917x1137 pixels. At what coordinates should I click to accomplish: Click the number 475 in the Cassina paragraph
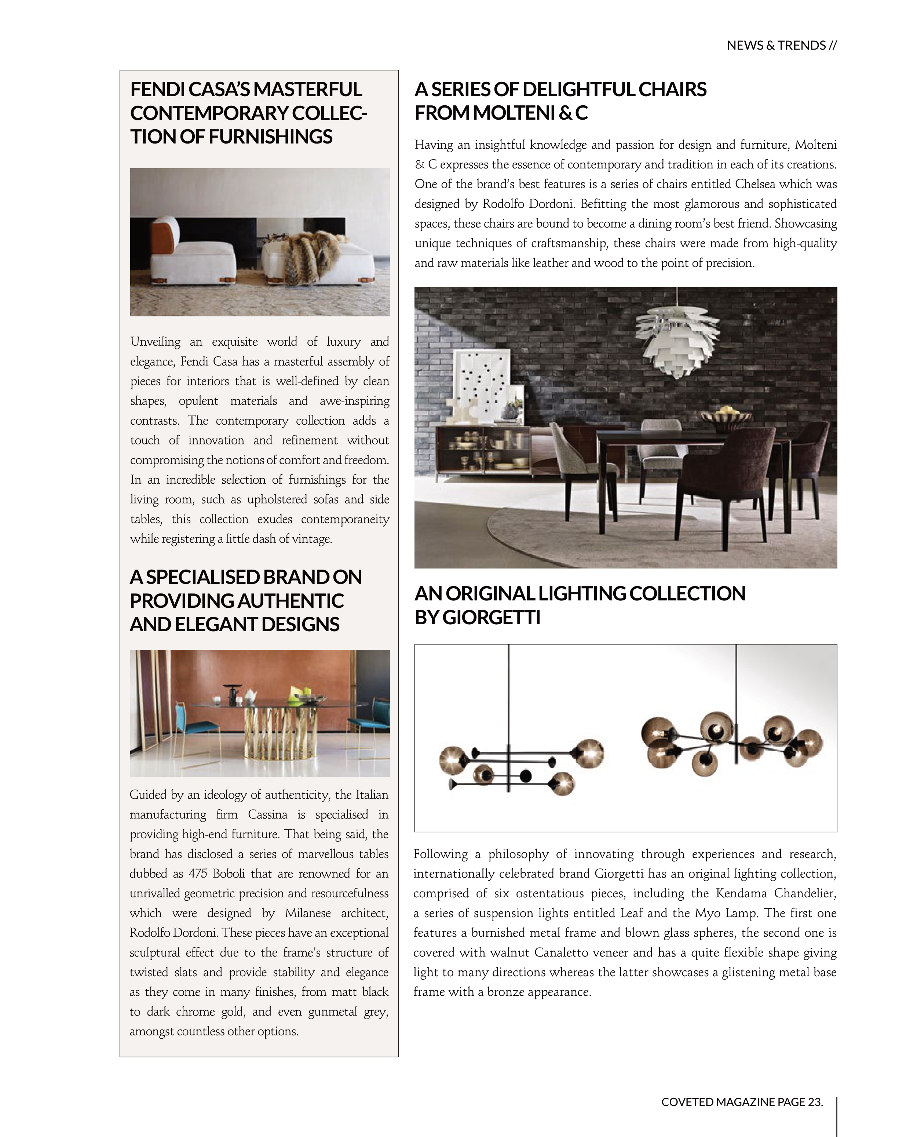tap(198, 874)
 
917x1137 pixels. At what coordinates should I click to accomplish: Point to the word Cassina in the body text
tap(268, 814)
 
